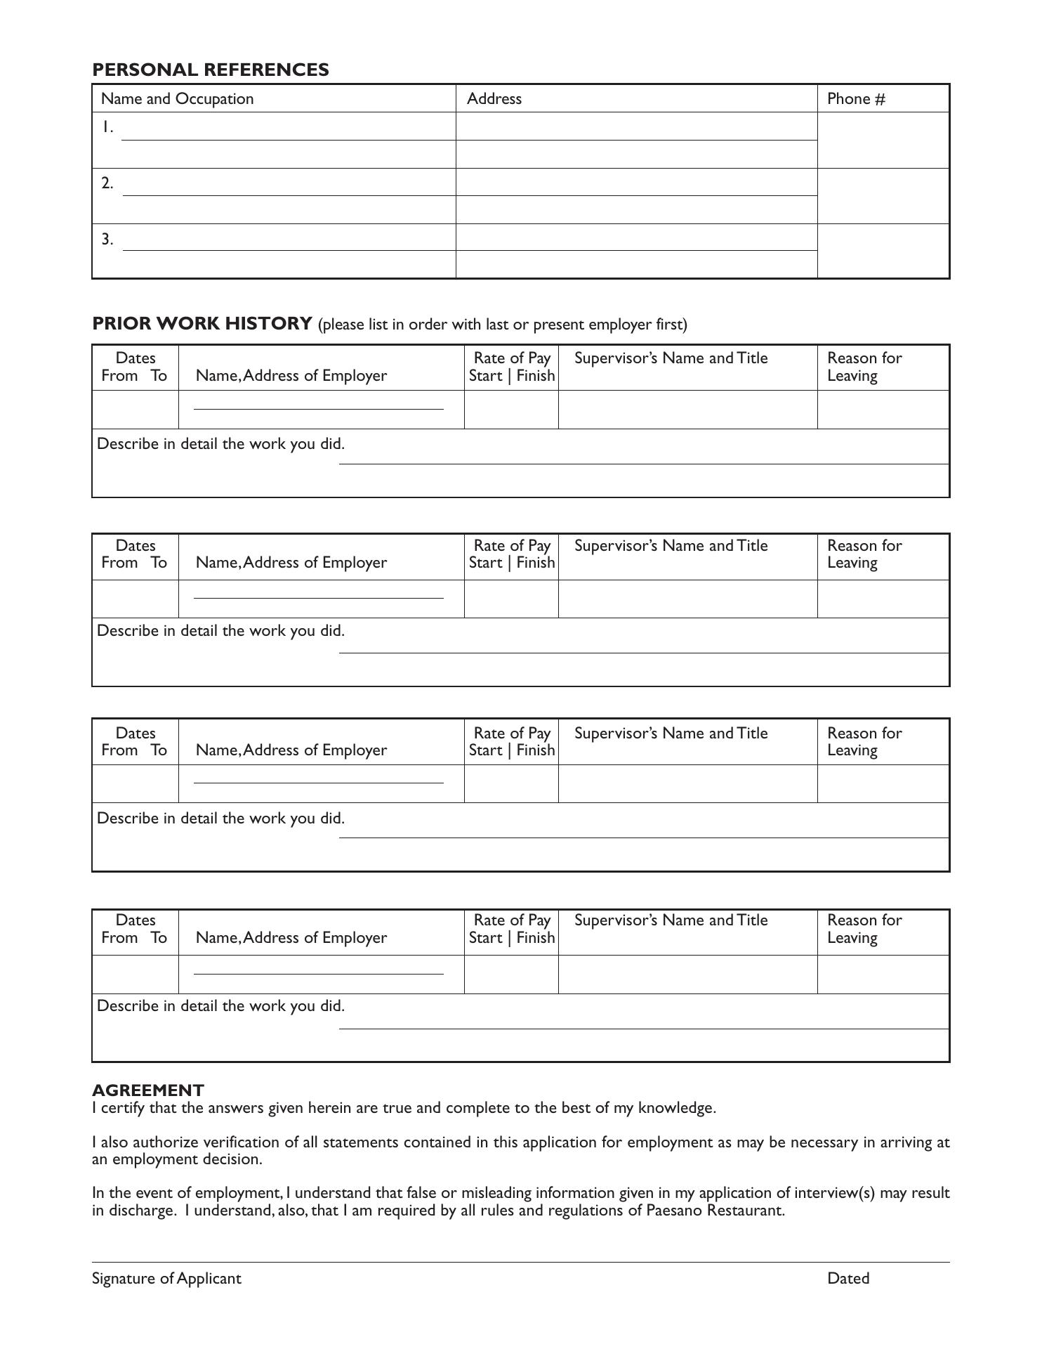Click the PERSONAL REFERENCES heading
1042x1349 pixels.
tap(210, 70)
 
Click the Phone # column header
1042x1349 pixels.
tap(855, 98)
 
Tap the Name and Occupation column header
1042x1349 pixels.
tap(177, 98)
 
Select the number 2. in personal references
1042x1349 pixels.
tap(107, 183)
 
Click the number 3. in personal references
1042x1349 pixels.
tap(107, 239)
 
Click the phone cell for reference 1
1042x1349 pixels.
tap(883, 141)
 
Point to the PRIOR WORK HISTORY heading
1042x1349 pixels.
tap(202, 323)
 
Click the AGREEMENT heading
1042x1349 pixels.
tap(147, 1090)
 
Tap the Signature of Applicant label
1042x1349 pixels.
tap(166, 1278)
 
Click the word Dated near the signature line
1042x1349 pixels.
tap(848, 1278)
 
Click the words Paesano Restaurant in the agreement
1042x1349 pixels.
tap(714, 1210)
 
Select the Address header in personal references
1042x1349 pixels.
tap(494, 98)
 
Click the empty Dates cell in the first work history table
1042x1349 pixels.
tap(135, 410)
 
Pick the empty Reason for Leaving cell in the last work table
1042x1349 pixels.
tap(883, 974)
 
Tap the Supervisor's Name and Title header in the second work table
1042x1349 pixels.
tap(671, 546)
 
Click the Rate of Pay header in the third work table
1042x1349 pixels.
tap(512, 741)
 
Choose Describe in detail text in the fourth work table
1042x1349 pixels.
tap(220, 1005)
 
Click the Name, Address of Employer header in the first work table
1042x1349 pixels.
tap(291, 375)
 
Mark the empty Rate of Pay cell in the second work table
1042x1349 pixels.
tap(511, 599)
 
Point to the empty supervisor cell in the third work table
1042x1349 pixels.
tap(687, 783)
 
